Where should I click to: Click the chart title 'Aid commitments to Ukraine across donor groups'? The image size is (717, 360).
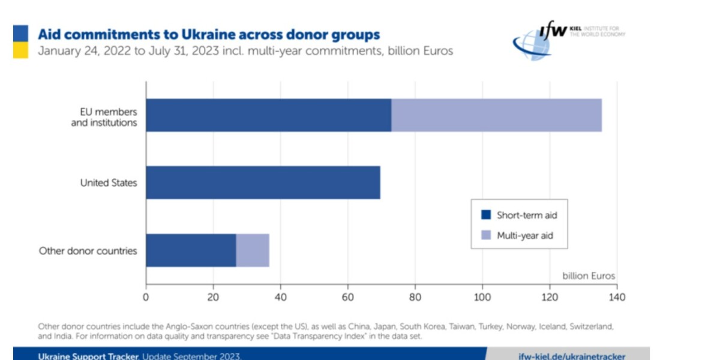pos(209,34)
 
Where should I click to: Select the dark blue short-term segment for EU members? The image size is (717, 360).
pos(268,115)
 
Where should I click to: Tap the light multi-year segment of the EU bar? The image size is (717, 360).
pos(496,115)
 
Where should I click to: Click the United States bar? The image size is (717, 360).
pos(263,182)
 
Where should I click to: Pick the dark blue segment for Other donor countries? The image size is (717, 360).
pos(191,250)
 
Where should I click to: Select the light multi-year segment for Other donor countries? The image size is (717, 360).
pos(253,250)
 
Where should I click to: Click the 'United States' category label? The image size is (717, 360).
pos(109,182)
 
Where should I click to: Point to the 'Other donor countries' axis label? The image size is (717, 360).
pos(88,251)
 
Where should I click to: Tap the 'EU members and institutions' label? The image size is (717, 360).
pos(109,117)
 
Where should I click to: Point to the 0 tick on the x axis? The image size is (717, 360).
pos(146,296)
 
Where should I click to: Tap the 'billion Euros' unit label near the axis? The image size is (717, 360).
pos(589,276)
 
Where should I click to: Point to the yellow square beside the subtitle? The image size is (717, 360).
pos(20,51)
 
